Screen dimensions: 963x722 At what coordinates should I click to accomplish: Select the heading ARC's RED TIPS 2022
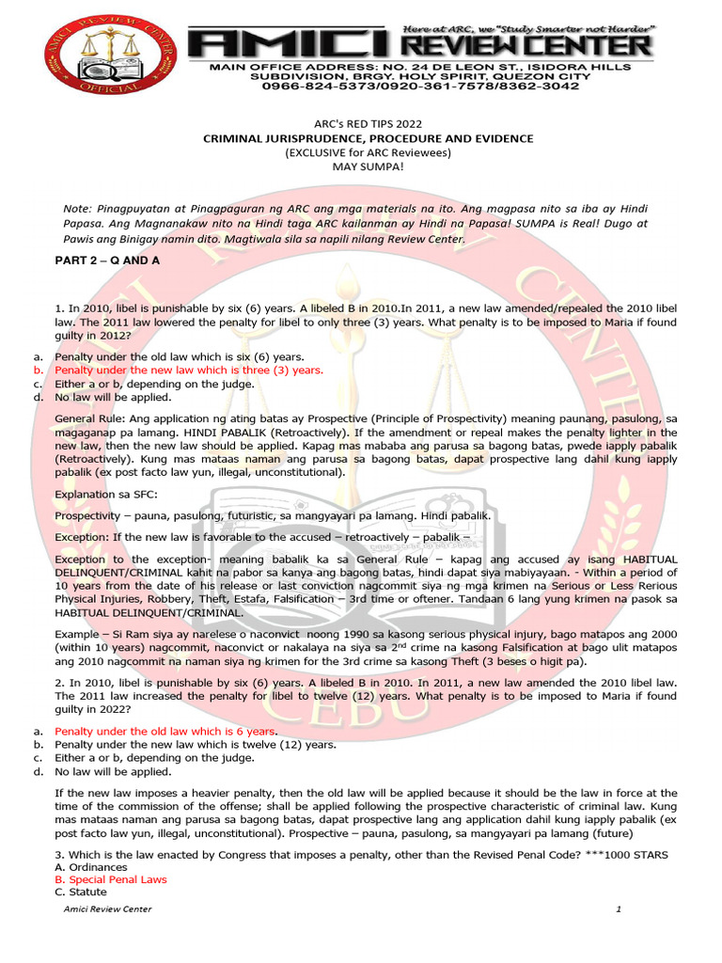tap(368, 124)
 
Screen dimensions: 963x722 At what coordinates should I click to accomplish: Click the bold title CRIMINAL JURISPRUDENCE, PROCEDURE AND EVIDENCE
tap(369, 138)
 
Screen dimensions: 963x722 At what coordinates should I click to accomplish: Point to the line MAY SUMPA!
tap(368, 166)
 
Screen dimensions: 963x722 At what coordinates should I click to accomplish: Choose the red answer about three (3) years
tap(189, 371)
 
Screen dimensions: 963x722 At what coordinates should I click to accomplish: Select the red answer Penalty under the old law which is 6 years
tap(165, 731)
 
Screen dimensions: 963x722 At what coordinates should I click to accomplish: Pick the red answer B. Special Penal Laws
tap(111, 879)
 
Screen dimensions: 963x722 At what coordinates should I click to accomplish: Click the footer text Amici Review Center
tap(108, 909)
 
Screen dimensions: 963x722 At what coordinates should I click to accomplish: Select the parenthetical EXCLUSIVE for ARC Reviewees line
tap(368, 152)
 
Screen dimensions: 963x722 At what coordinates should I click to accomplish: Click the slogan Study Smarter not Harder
tap(557, 29)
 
